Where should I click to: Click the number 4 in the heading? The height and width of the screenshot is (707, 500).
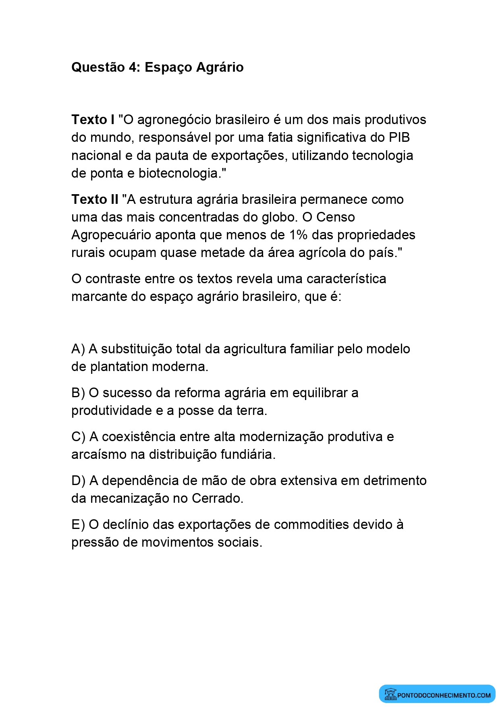click(133, 67)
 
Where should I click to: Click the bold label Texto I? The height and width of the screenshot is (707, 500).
click(93, 120)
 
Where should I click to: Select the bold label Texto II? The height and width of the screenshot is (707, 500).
click(95, 199)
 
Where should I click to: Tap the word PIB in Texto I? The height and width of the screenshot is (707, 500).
click(399, 137)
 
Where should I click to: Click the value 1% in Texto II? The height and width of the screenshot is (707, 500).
click(299, 235)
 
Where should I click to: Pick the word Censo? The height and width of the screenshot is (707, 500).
click(336, 217)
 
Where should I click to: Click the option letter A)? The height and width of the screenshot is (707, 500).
click(78, 349)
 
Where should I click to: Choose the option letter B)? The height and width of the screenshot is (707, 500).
click(78, 393)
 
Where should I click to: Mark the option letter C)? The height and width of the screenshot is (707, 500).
click(79, 437)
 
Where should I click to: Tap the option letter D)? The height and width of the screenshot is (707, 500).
click(79, 481)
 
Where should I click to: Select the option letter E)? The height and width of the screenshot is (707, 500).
click(78, 525)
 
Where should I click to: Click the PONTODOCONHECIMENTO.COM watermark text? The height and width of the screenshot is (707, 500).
click(444, 695)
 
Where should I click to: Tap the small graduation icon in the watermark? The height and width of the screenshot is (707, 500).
click(390, 694)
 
